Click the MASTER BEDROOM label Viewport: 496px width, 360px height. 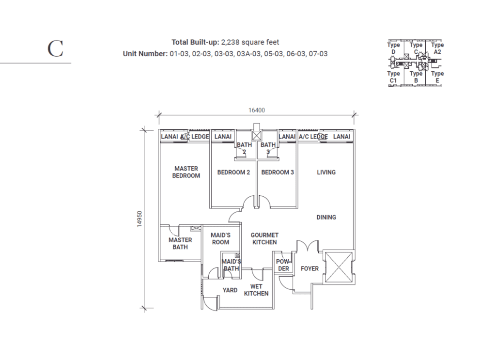coord(186,172)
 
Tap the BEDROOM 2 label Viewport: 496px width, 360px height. coord(233,172)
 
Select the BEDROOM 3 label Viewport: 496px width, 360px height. coord(278,172)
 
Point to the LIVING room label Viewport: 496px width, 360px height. coord(326,172)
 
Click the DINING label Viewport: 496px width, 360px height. coord(326,218)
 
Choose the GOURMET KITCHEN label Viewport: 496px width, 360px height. coord(264,238)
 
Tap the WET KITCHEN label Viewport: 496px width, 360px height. coord(256,290)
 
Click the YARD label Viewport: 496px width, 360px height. coord(230,290)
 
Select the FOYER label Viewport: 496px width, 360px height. coord(310,268)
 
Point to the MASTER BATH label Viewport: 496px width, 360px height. coord(180,243)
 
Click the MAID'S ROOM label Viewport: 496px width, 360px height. coord(220,238)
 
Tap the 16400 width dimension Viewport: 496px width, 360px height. coord(257,110)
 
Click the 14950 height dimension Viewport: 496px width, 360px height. coord(139,219)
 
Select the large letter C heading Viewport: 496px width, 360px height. coord(55,49)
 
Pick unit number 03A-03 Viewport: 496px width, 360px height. coord(249,54)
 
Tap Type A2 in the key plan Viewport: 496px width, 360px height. coord(437,48)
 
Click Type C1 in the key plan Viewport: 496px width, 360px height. coord(393,77)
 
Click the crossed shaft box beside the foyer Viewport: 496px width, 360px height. coord(339,267)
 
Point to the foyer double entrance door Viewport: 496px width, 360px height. coord(307,246)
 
